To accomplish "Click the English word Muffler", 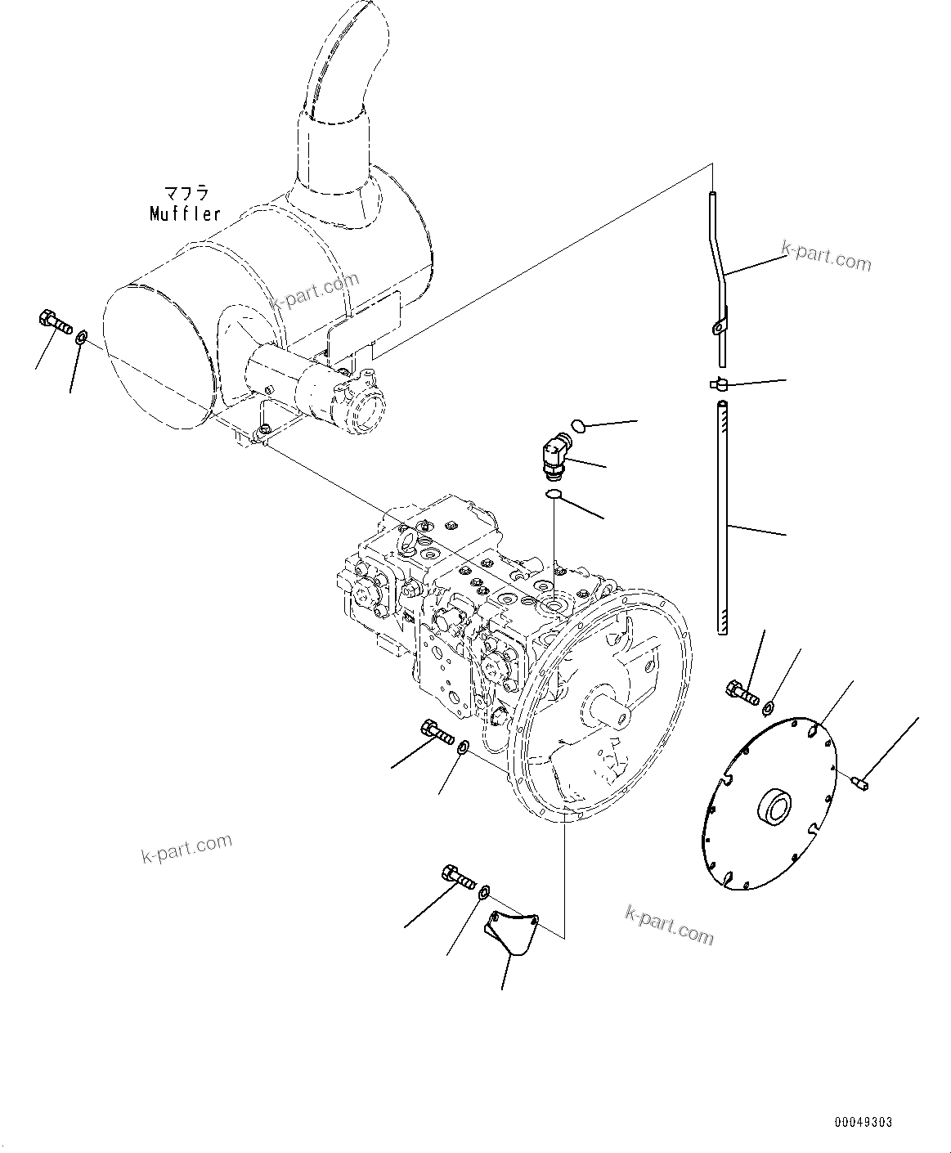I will [x=186, y=214].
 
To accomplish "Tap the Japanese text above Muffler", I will [x=186, y=195].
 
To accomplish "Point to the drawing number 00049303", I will [x=864, y=1122].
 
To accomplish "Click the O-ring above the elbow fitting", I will [x=576, y=424].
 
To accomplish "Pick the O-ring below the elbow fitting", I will [x=554, y=494].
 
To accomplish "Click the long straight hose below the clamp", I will [x=722, y=515].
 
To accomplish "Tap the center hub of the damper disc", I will [x=774, y=806].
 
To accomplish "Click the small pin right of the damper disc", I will [x=861, y=783].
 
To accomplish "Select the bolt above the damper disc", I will [x=741, y=693].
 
